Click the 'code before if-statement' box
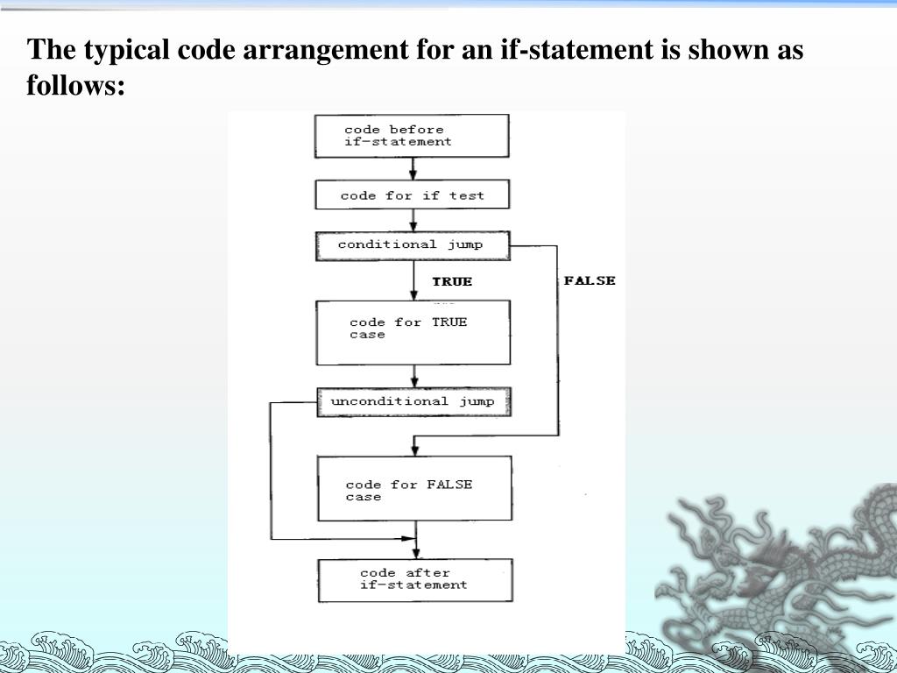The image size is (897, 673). coord(412,136)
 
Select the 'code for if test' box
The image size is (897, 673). coord(412,195)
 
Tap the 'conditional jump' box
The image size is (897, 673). coord(412,245)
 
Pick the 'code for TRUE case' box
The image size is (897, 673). coord(413,332)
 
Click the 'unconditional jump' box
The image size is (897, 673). coord(413,401)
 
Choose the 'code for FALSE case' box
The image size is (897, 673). coord(413,489)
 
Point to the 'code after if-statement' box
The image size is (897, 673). coord(414,580)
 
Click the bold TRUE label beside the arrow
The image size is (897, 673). coord(452,281)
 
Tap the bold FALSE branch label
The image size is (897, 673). coord(590,280)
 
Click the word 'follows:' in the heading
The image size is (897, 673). coord(76,86)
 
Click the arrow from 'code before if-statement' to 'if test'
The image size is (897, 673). coord(413,169)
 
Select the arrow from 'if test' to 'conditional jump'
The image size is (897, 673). coord(413,221)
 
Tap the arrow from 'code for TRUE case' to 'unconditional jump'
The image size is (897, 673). coord(413,376)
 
